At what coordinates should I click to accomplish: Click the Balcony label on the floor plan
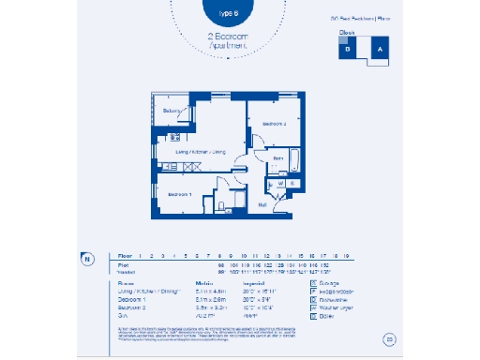(172, 112)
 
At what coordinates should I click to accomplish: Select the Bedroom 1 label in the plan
(179, 194)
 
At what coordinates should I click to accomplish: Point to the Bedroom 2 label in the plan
(275, 124)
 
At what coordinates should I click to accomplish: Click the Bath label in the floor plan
(278, 159)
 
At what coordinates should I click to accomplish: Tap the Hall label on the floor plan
(262, 203)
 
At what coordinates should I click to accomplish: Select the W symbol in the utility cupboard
(280, 183)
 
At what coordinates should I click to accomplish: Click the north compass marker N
(86, 259)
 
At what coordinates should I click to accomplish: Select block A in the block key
(379, 50)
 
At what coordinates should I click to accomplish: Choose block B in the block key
(349, 52)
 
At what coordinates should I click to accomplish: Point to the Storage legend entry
(328, 280)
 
